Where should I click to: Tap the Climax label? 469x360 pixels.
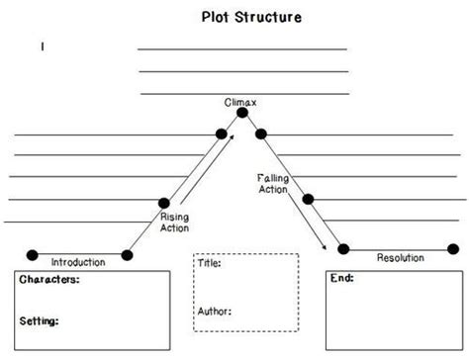[242, 102]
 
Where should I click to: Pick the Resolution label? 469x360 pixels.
[400, 257]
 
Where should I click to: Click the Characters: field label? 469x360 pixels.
[49, 281]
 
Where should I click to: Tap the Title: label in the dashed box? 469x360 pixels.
[210, 264]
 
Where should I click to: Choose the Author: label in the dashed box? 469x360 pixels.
[216, 311]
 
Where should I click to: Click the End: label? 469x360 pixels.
[342, 279]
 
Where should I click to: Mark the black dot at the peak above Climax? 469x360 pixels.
[242, 113]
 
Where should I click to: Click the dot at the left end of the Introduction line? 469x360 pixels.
[32, 255]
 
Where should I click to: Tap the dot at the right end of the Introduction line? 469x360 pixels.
[127, 255]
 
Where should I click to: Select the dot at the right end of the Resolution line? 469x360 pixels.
[442, 249]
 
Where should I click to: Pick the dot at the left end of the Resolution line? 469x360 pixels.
[343, 249]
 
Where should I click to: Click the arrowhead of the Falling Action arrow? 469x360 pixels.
[326, 247]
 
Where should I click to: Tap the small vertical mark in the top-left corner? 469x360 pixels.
[43, 46]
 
